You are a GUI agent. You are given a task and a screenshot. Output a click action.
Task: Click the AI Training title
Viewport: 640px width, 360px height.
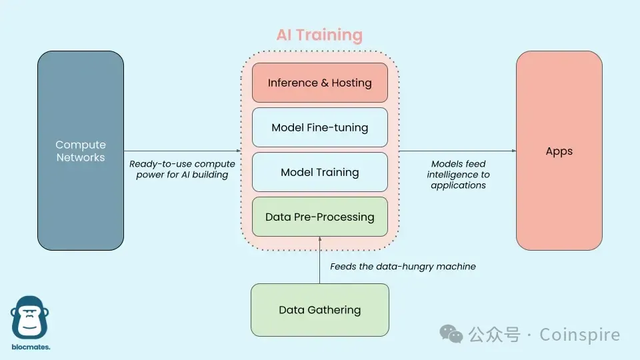[319, 35]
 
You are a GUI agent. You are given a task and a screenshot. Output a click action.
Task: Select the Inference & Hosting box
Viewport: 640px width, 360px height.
[319, 83]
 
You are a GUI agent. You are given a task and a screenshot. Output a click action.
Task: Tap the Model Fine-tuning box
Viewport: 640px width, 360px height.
[319, 127]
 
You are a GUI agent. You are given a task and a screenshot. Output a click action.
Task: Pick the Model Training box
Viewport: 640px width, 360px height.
[319, 172]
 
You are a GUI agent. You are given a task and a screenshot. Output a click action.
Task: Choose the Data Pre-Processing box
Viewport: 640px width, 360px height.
[319, 217]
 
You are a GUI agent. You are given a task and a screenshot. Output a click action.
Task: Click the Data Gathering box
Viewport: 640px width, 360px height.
[319, 310]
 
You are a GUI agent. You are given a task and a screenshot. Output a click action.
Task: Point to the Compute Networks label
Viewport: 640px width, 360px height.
[81, 151]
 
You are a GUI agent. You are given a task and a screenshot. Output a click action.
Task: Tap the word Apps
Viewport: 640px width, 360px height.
[559, 151]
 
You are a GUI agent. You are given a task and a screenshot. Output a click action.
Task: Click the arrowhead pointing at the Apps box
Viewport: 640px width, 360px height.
[513, 151]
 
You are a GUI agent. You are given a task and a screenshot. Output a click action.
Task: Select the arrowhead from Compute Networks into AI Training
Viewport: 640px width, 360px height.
[238, 151]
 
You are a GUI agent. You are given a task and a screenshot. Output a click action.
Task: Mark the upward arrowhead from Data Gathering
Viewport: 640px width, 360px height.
[320, 239]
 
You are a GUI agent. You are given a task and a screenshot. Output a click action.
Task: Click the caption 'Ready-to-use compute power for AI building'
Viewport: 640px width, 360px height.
[182, 169]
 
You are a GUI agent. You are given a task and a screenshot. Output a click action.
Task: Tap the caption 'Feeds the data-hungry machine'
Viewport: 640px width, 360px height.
[403, 267]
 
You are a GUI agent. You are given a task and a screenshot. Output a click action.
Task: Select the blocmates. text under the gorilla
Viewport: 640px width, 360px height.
[31, 347]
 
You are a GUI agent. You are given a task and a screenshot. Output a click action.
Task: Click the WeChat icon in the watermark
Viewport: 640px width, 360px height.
[454, 334]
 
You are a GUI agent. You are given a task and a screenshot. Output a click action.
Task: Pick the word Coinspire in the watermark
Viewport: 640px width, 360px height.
[579, 335]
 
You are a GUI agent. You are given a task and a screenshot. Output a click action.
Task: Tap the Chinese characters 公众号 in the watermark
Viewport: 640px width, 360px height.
[494, 335]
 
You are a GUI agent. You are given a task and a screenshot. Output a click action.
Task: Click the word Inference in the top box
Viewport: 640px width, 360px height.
[293, 83]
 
